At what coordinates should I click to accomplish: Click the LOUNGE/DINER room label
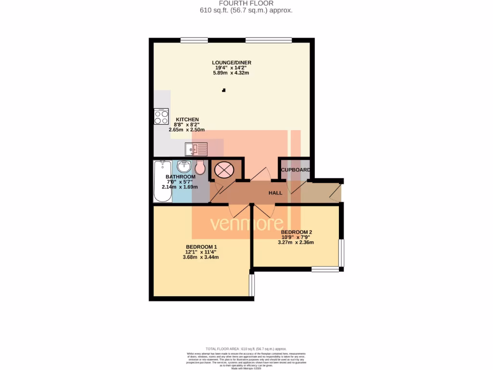(232, 63)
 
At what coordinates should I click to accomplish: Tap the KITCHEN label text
(187, 119)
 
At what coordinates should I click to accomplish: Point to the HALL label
(275, 193)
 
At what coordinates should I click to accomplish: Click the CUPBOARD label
(295, 170)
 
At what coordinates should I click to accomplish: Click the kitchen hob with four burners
(161, 117)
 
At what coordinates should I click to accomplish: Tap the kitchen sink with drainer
(196, 149)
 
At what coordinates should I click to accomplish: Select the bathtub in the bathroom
(162, 181)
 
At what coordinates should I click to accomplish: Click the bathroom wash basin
(184, 167)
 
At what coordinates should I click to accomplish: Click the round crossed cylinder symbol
(223, 169)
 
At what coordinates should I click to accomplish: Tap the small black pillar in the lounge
(223, 90)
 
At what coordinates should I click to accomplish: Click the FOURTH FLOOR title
(246, 3)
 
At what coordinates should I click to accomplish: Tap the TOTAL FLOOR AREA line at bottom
(246, 348)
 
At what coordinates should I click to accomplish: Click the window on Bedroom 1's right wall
(251, 285)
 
